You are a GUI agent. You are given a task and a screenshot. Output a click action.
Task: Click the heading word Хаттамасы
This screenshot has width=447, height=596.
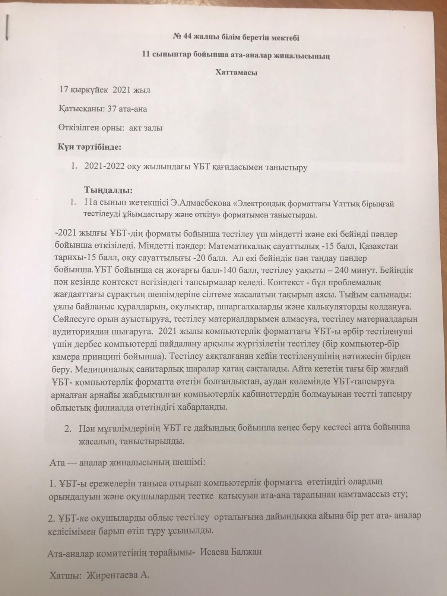[237, 72]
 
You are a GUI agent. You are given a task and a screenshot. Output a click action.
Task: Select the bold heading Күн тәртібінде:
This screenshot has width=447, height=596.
[89, 146]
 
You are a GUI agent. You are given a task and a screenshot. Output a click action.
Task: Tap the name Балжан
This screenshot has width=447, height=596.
[248, 551]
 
